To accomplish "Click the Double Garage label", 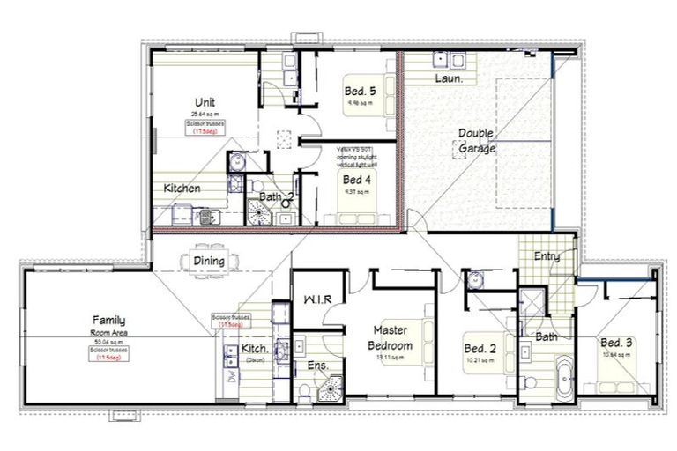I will click(x=476, y=141).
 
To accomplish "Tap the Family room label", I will click(x=111, y=320).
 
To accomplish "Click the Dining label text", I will click(x=209, y=261).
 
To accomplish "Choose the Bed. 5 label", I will click(x=360, y=91).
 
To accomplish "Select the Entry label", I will click(x=547, y=255).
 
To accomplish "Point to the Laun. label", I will click(x=450, y=78).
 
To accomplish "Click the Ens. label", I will click(x=318, y=364).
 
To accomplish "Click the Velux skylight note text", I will click(x=355, y=156).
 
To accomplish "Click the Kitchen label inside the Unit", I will click(x=182, y=188).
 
